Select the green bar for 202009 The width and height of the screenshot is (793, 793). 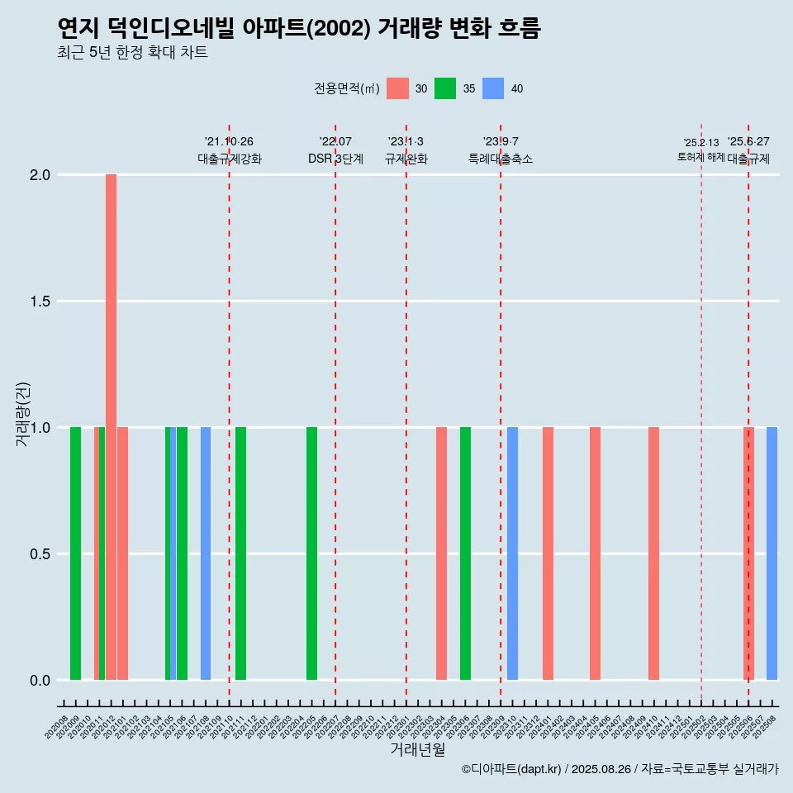coord(75,553)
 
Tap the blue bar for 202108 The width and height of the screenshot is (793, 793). coord(206,553)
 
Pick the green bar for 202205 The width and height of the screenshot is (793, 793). coord(311,553)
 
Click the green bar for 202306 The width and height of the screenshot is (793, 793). coord(465,553)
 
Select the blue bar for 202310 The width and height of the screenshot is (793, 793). coord(512,553)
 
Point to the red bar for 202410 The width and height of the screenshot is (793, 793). coord(653,553)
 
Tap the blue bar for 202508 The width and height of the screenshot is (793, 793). coord(772,553)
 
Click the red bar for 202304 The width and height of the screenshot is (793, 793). coord(441,553)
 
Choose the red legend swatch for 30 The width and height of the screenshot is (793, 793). coord(397,88)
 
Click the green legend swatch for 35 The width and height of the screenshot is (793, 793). coord(445,88)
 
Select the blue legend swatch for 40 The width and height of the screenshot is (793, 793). coord(493,88)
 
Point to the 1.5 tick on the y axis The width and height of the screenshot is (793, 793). coord(40,302)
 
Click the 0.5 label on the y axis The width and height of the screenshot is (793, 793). coord(40,554)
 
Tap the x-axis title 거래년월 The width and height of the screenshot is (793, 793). coord(417,750)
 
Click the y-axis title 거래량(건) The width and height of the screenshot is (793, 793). coord(23,414)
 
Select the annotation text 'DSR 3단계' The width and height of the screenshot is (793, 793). coord(335,159)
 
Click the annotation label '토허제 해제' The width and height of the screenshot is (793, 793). coord(700,157)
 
